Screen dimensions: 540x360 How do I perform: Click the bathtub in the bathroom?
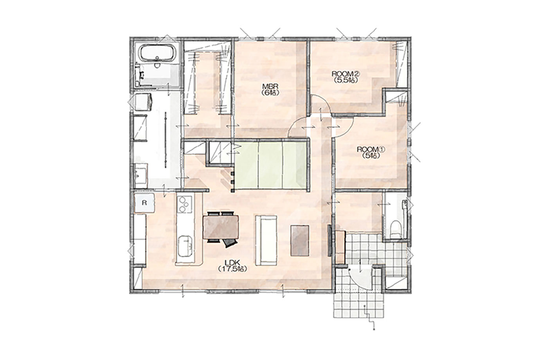pos(157,54)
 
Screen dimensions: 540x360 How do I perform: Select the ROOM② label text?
pos(346,74)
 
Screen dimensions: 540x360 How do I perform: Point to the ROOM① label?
pos(371,149)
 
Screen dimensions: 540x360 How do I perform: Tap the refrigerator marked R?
pos(144,203)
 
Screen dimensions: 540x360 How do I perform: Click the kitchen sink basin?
pos(185,247)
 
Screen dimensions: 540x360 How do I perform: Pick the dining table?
pos(221,227)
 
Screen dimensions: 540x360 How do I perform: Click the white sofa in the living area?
pos(266,240)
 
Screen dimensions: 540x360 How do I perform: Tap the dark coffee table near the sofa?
pos(300,240)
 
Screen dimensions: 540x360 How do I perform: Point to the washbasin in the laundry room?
pos(140,175)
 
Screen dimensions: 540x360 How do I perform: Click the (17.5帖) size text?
pos(232,269)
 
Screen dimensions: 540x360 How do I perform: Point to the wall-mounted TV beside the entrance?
pos(329,241)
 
